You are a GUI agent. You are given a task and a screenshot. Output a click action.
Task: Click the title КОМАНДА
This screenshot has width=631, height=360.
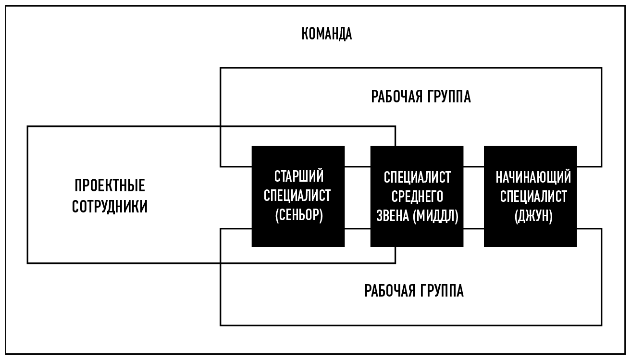click(x=327, y=34)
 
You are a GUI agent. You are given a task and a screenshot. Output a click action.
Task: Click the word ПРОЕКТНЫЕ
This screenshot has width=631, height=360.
click(x=110, y=186)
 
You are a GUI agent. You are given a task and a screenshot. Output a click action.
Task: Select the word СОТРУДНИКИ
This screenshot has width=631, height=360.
click(x=110, y=207)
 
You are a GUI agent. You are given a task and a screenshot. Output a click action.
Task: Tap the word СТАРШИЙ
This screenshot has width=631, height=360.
click(x=298, y=176)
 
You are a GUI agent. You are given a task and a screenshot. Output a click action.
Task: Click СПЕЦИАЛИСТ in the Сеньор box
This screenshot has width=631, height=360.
click(x=298, y=196)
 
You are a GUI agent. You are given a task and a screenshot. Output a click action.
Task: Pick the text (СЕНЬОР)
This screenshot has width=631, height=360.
click(x=298, y=216)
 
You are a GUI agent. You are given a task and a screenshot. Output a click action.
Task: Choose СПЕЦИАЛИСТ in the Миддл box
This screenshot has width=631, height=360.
click(x=417, y=177)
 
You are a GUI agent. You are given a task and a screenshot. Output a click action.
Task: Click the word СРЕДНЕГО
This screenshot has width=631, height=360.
click(x=417, y=197)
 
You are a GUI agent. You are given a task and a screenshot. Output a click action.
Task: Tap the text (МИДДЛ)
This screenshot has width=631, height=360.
click(x=435, y=216)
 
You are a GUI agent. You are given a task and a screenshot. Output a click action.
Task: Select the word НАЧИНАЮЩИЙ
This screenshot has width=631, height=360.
click(x=533, y=177)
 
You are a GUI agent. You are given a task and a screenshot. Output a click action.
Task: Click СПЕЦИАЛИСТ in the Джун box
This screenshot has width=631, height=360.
click(x=533, y=197)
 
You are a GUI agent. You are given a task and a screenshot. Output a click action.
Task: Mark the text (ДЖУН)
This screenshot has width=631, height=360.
click(x=533, y=216)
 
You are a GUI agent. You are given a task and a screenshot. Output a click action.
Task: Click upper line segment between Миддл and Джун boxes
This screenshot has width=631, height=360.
click(x=473, y=166)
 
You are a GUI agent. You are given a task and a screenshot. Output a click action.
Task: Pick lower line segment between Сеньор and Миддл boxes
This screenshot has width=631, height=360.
click(x=358, y=229)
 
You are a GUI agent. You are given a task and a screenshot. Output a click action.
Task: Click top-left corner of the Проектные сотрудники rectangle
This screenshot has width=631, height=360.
click(x=28, y=127)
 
